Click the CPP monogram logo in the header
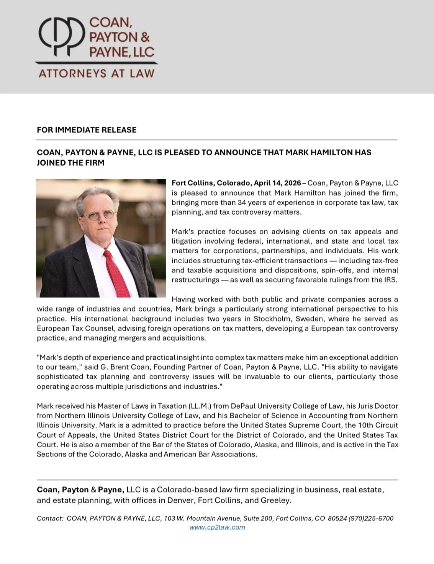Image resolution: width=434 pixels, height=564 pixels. tap(61, 36)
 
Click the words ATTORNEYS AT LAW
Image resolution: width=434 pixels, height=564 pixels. tap(96, 73)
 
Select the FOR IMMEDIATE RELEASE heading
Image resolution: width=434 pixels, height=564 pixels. tap(87, 130)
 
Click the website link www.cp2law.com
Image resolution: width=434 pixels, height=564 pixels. tap(217, 527)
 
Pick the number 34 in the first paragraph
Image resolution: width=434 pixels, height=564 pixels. tap(242, 202)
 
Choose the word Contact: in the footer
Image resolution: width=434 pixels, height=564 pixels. tap(50, 518)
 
